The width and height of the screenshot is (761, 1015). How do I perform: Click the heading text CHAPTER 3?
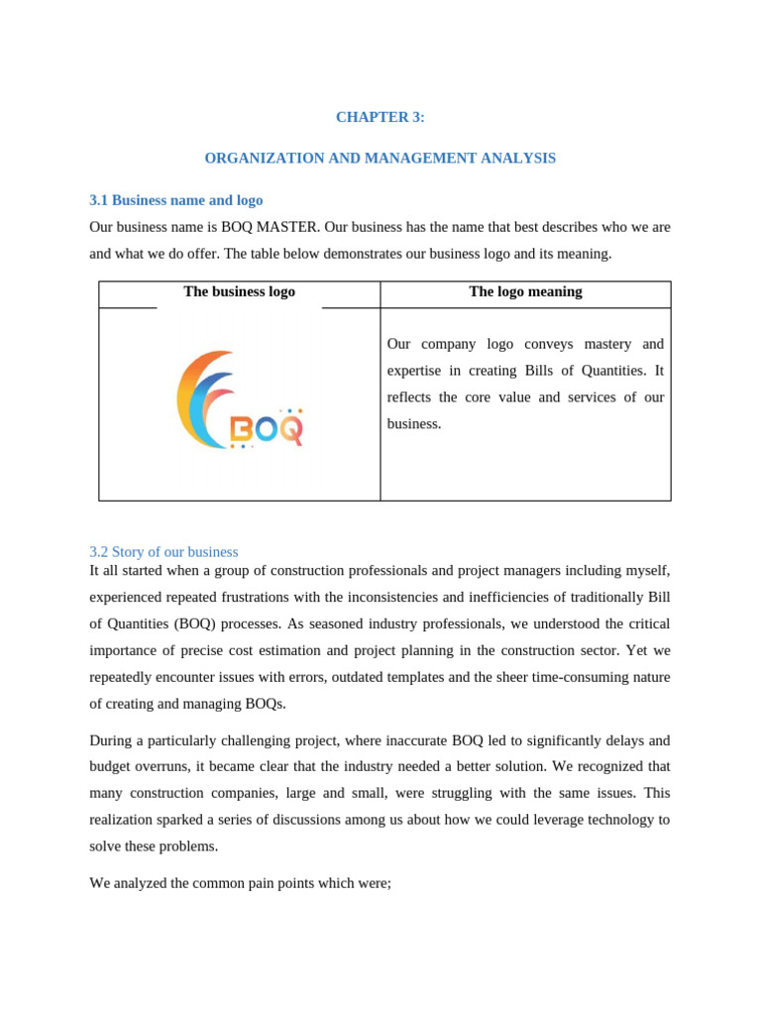click(x=380, y=117)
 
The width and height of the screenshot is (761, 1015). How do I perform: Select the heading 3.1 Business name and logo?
click(x=175, y=200)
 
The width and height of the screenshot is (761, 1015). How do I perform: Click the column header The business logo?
click(x=239, y=292)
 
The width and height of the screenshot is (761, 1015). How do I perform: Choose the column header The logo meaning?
click(x=525, y=292)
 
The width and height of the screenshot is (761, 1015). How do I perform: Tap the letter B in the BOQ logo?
click(x=240, y=430)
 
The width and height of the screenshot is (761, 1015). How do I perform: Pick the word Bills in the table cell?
click(x=524, y=371)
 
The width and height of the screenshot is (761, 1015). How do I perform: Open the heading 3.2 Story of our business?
click(x=163, y=552)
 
